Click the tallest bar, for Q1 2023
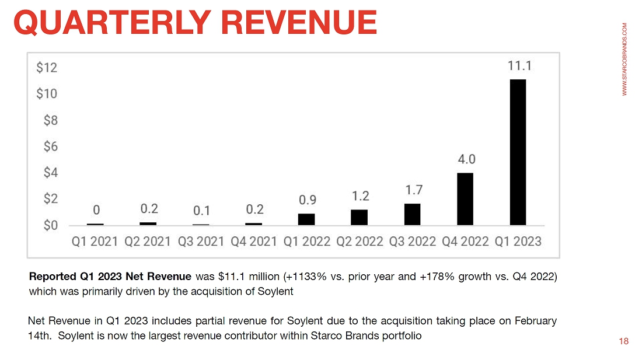click(x=518, y=152)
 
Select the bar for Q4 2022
click(x=465, y=199)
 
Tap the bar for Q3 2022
click(x=412, y=214)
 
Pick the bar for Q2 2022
click(x=359, y=217)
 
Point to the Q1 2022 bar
click(x=306, y=219)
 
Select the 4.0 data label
click(x=465, y=159)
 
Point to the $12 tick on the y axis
click(x=47, y=68)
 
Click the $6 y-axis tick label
click(x=50, y=146)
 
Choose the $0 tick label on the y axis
click(x=50, y=225)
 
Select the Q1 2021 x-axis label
click(x=95, y=242)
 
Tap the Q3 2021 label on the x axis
click(x=201, y=242)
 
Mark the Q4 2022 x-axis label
click(x=465, y=242)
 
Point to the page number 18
click(x=624, y=341)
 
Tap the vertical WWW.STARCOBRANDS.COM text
click(x=624, y=59)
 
